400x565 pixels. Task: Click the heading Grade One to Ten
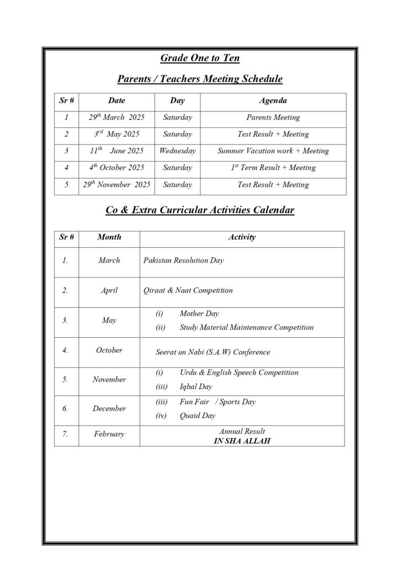[x=200, y=58]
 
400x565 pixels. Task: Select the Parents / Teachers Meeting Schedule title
[x=200, y=79]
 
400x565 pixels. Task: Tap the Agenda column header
[x=273, y=101]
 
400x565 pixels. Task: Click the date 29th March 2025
[x=116, y=118]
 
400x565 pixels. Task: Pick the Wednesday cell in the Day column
[x=177, y=151]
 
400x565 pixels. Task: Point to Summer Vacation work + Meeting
[x=273, y=151]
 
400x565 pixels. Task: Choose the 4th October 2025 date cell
[x=116, y=168]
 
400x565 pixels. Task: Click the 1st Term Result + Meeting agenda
[x=273, y=168]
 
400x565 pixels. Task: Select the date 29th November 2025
[x=116, y=185]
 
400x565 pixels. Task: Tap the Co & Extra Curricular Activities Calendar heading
[x=200, y=210]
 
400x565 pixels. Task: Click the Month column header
[x=109, y=237]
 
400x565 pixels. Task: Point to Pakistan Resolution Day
[x=183, y=260]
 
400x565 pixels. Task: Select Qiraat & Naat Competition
[x=188, y=290]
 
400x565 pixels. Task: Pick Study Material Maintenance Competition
[x=246, y=327]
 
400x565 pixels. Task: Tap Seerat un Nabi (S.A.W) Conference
[x=213, y=352]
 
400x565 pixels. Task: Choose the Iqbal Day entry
[x=195, y=387]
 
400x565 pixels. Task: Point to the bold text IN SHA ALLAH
[x=242, y=441]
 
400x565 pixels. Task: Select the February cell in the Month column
[x=109, y=434]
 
